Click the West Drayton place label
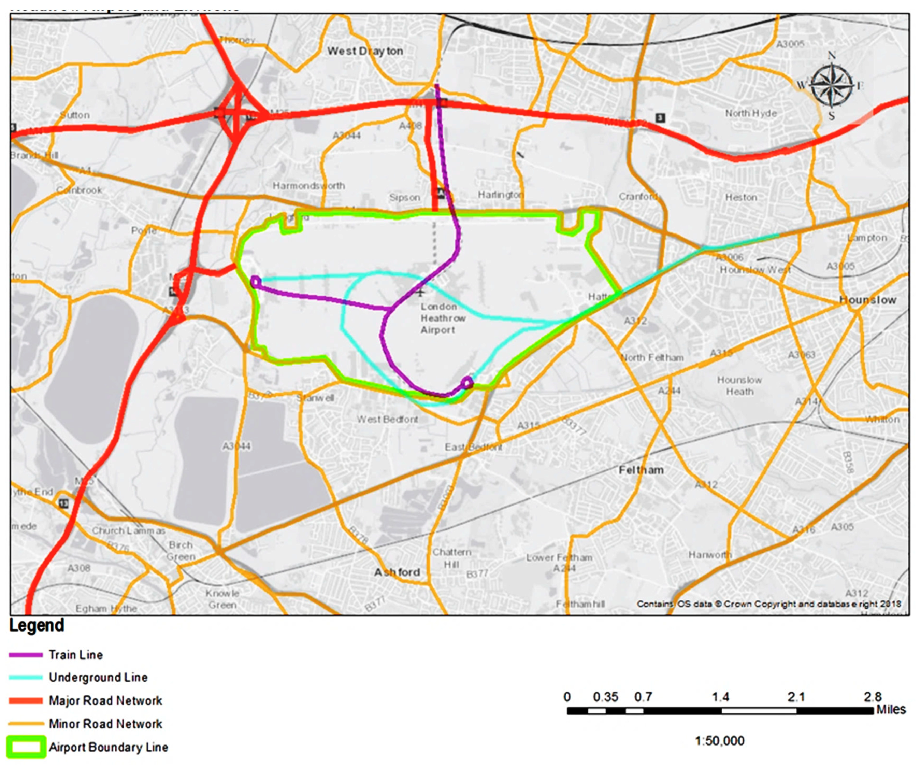click(x=365, y=51)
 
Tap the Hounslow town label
click(x=867, y=300)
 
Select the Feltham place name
click(x=641, y=470)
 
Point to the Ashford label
click(x=397, y=572)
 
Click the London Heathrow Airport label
click(x=443, y=318)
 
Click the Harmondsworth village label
click(x=309, y=186)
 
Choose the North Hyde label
click(x=751, y=113)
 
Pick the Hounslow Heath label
click(x=739, y=386)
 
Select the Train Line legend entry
click(x=75, y=655)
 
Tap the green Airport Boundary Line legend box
click(x=26, y=747)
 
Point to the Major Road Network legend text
click(x=105, y=701)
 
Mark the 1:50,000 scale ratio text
click(x=720, y=741)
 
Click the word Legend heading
click(x=37, y=625)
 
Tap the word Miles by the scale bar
click(x=891, y=710)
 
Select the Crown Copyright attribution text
click(x=768, y=604)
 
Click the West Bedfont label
click(x=387, y=420)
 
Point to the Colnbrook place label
click(x=79, y=190)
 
